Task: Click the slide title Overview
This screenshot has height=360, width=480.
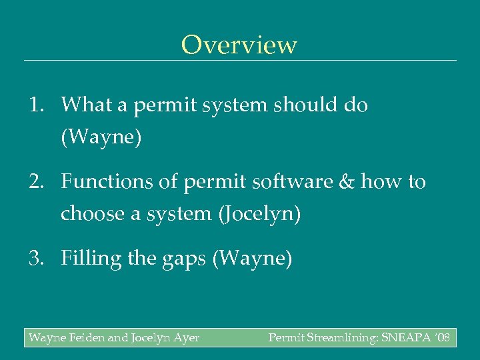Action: point(239,45)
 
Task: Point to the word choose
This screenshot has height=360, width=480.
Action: point(90,214)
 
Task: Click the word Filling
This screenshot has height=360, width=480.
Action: point(87,259)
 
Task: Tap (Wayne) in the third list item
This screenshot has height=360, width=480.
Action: point(252,259)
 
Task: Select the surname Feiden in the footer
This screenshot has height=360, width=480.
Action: point(85,338)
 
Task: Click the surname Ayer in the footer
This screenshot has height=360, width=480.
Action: point(185,338)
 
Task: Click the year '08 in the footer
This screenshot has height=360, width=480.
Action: point(441,338)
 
